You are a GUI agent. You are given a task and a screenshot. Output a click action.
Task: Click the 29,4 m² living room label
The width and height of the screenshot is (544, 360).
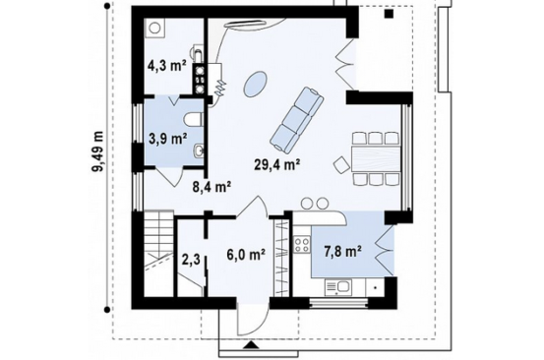276,164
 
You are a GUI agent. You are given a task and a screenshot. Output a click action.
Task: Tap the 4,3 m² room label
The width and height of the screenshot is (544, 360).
166,65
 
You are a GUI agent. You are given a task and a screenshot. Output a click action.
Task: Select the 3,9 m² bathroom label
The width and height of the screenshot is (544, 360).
167,139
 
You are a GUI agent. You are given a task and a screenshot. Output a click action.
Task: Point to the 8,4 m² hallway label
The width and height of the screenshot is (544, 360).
212,187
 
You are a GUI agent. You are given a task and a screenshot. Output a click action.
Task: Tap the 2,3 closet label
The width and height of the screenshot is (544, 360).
191,259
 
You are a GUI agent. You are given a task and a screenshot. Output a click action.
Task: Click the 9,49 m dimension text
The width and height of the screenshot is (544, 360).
98,151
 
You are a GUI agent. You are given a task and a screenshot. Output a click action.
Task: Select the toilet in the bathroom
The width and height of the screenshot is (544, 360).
193,119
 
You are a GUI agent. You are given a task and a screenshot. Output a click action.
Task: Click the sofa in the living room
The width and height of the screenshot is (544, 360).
297,120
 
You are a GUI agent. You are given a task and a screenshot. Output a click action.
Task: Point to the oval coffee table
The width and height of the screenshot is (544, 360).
255,85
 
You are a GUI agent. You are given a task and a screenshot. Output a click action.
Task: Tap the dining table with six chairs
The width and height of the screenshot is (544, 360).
376,158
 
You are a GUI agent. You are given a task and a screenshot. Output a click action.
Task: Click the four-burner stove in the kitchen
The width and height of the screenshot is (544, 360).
301,244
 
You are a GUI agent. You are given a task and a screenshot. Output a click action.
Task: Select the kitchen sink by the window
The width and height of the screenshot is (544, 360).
338,288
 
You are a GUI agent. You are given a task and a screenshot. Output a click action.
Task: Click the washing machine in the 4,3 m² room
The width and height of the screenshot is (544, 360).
154,28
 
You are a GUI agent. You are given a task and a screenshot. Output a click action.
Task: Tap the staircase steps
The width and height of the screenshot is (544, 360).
158,239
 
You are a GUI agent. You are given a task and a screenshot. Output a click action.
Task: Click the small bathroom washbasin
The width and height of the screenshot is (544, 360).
199,150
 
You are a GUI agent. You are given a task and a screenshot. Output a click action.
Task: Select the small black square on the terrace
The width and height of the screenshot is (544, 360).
389,13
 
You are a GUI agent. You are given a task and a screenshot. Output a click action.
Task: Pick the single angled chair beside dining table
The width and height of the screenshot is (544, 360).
341,164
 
